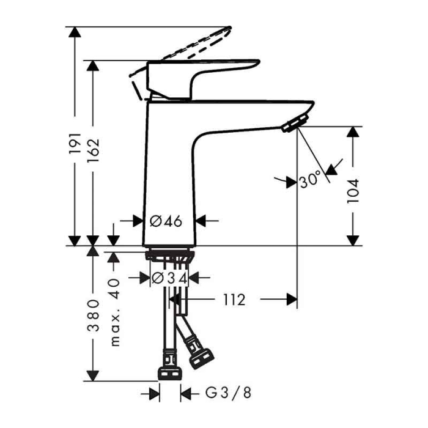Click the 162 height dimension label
coord(93,151)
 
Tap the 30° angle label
coord(310,180)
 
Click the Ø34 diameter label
coord(168,278)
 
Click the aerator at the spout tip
coord(295,123)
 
